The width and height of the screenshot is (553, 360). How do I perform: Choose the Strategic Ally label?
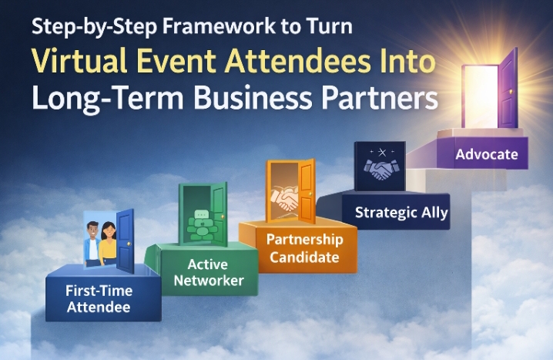(x=401, y=212)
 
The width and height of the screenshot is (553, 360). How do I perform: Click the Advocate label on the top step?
(x=486, y=154)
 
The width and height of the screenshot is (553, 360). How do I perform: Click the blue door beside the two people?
(x=124, y=241)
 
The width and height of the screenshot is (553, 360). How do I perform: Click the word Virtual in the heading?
(x=82, y=64)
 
